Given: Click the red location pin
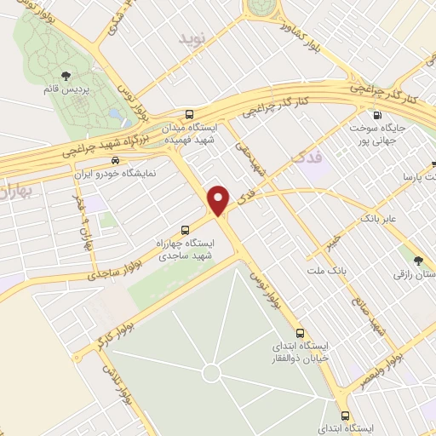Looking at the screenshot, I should (219, 200).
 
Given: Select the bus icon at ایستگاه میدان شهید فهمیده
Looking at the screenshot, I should (189, 113).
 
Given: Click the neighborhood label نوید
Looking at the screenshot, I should (192, 40).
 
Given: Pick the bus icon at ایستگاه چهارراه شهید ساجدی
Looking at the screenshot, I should (185, 229).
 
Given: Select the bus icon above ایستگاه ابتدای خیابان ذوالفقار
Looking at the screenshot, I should (299, 333).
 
